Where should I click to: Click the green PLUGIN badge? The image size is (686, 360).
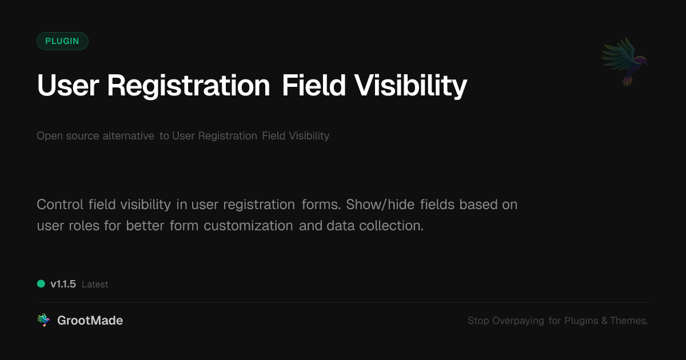[x=62, y=41]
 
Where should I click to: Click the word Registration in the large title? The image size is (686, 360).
[x=188, y=86]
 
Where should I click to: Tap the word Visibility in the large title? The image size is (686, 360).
[x=410, y=86]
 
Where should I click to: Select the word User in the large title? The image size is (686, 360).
[x=68, y=86]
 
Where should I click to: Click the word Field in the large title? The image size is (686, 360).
[x=313, y=86]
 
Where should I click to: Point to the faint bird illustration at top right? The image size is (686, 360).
[x=624, y=61]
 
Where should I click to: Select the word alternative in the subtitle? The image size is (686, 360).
[x=128, y=136]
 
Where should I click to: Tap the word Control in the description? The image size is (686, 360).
[x=60, y=205]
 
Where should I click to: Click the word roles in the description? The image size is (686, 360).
[x=85, y=226]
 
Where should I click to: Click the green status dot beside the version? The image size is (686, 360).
[x=41, y=284]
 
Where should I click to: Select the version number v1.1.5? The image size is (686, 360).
[x=63, y=284]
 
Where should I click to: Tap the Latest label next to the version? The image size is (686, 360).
[x=95, y=285]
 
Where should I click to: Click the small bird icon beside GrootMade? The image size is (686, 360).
[x=43, y=321]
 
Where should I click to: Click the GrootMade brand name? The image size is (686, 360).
[x=90, y=321]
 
